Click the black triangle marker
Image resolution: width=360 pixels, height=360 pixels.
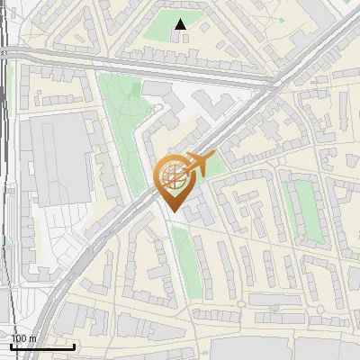pos(181,24)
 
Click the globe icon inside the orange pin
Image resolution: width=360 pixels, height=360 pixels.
pos(172,175)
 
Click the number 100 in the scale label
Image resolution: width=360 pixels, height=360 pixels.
pos(19,338)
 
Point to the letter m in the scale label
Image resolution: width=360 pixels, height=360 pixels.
pos(33,338)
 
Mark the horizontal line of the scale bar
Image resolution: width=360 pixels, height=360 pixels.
pos(42,346)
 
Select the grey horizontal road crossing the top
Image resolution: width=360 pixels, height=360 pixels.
pos(135,66)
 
